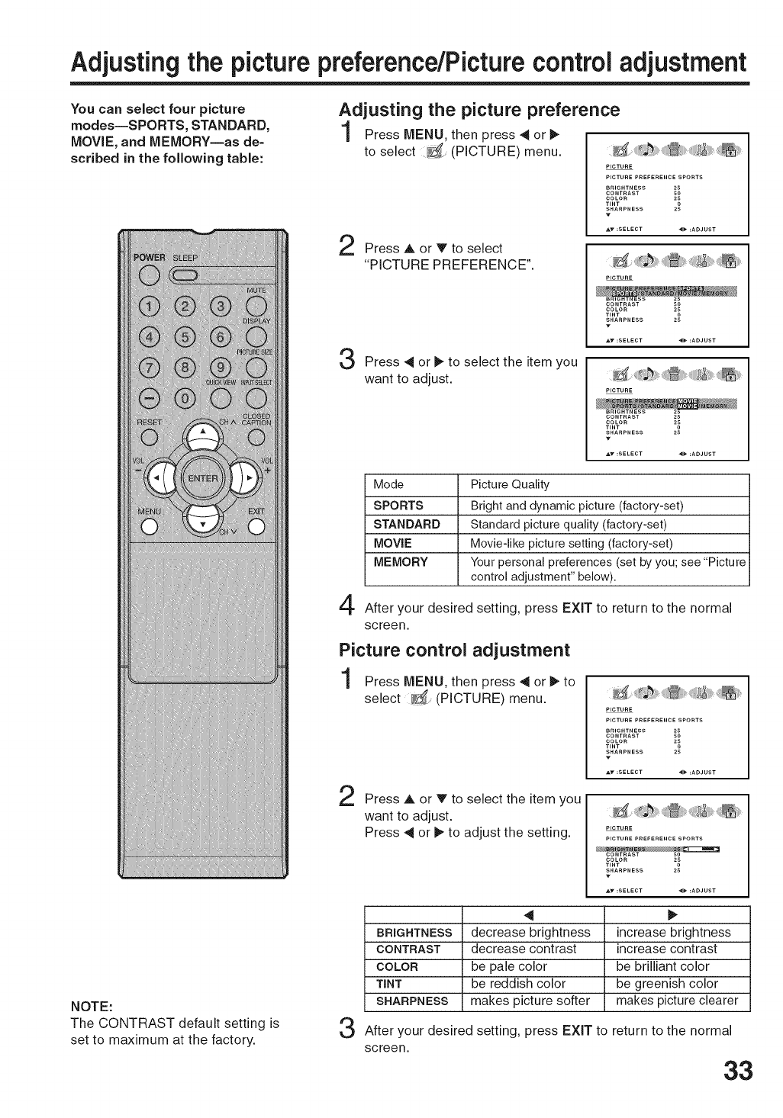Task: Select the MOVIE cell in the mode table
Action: point(393,544)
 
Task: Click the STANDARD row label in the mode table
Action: point(407,525)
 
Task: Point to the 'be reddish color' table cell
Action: point(519,984)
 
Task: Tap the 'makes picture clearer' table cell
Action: point(677,1001)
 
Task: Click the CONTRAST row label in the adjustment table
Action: point(409,949)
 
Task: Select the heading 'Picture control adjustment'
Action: point(454,651)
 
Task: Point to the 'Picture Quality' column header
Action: point(510,484)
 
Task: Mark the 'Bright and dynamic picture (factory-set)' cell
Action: point(577,506)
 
